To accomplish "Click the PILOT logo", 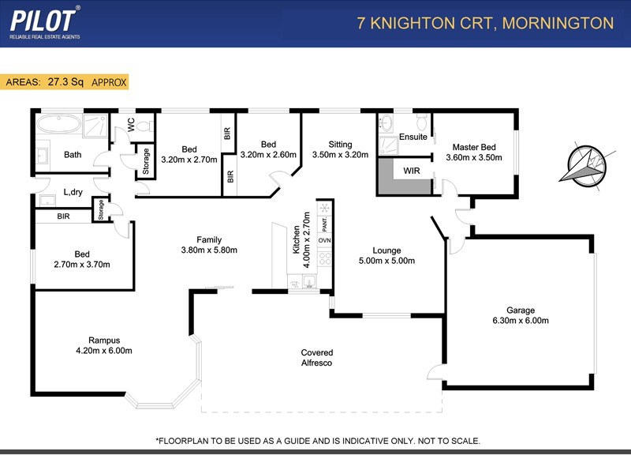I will (x=44, y=22).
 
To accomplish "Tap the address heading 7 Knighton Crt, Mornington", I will (x=485, y=23).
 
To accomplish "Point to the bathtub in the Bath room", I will (x=59, y=125).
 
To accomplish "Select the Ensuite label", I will (x=413, y=137).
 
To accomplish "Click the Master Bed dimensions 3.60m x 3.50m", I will (x=473, y=157).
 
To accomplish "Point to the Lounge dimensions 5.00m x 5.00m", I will (x=386, y=261).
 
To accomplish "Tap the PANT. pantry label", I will (x=324, y=225).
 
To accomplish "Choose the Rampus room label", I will (x=103, y=340).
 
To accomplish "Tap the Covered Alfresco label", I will (x=316, y=358).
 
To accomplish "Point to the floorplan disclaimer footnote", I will (x=317, y=441).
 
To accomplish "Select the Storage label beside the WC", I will (x=146, y=160).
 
